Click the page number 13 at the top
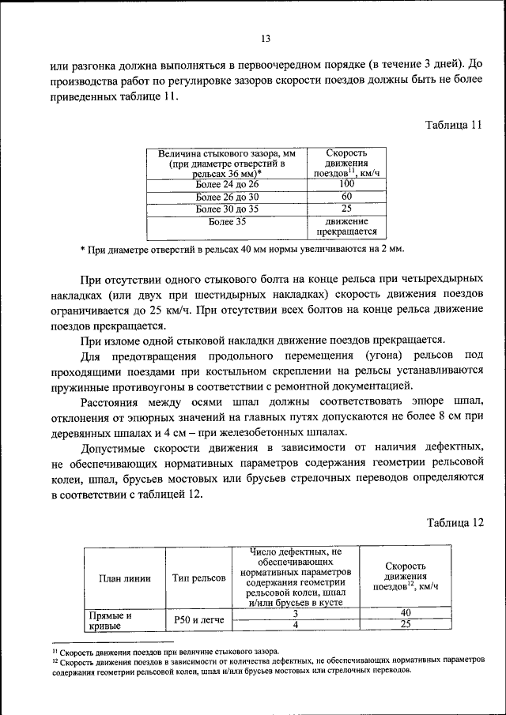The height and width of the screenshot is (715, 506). [265, 39]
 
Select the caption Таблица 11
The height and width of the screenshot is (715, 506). [453, 126]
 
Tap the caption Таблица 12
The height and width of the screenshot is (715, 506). [454, 523]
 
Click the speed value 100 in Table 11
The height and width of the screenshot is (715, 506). [346, 184]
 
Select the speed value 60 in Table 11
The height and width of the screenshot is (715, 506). [346, 197]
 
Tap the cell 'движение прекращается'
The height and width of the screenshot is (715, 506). [346, 228]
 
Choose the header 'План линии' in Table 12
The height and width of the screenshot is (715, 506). [123, 578]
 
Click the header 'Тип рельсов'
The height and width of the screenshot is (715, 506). [198, 578]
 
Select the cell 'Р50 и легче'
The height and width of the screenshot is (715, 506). [198, 620]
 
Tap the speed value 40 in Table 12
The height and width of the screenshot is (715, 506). [406, 613]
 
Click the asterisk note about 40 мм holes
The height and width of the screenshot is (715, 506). [242, 250]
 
